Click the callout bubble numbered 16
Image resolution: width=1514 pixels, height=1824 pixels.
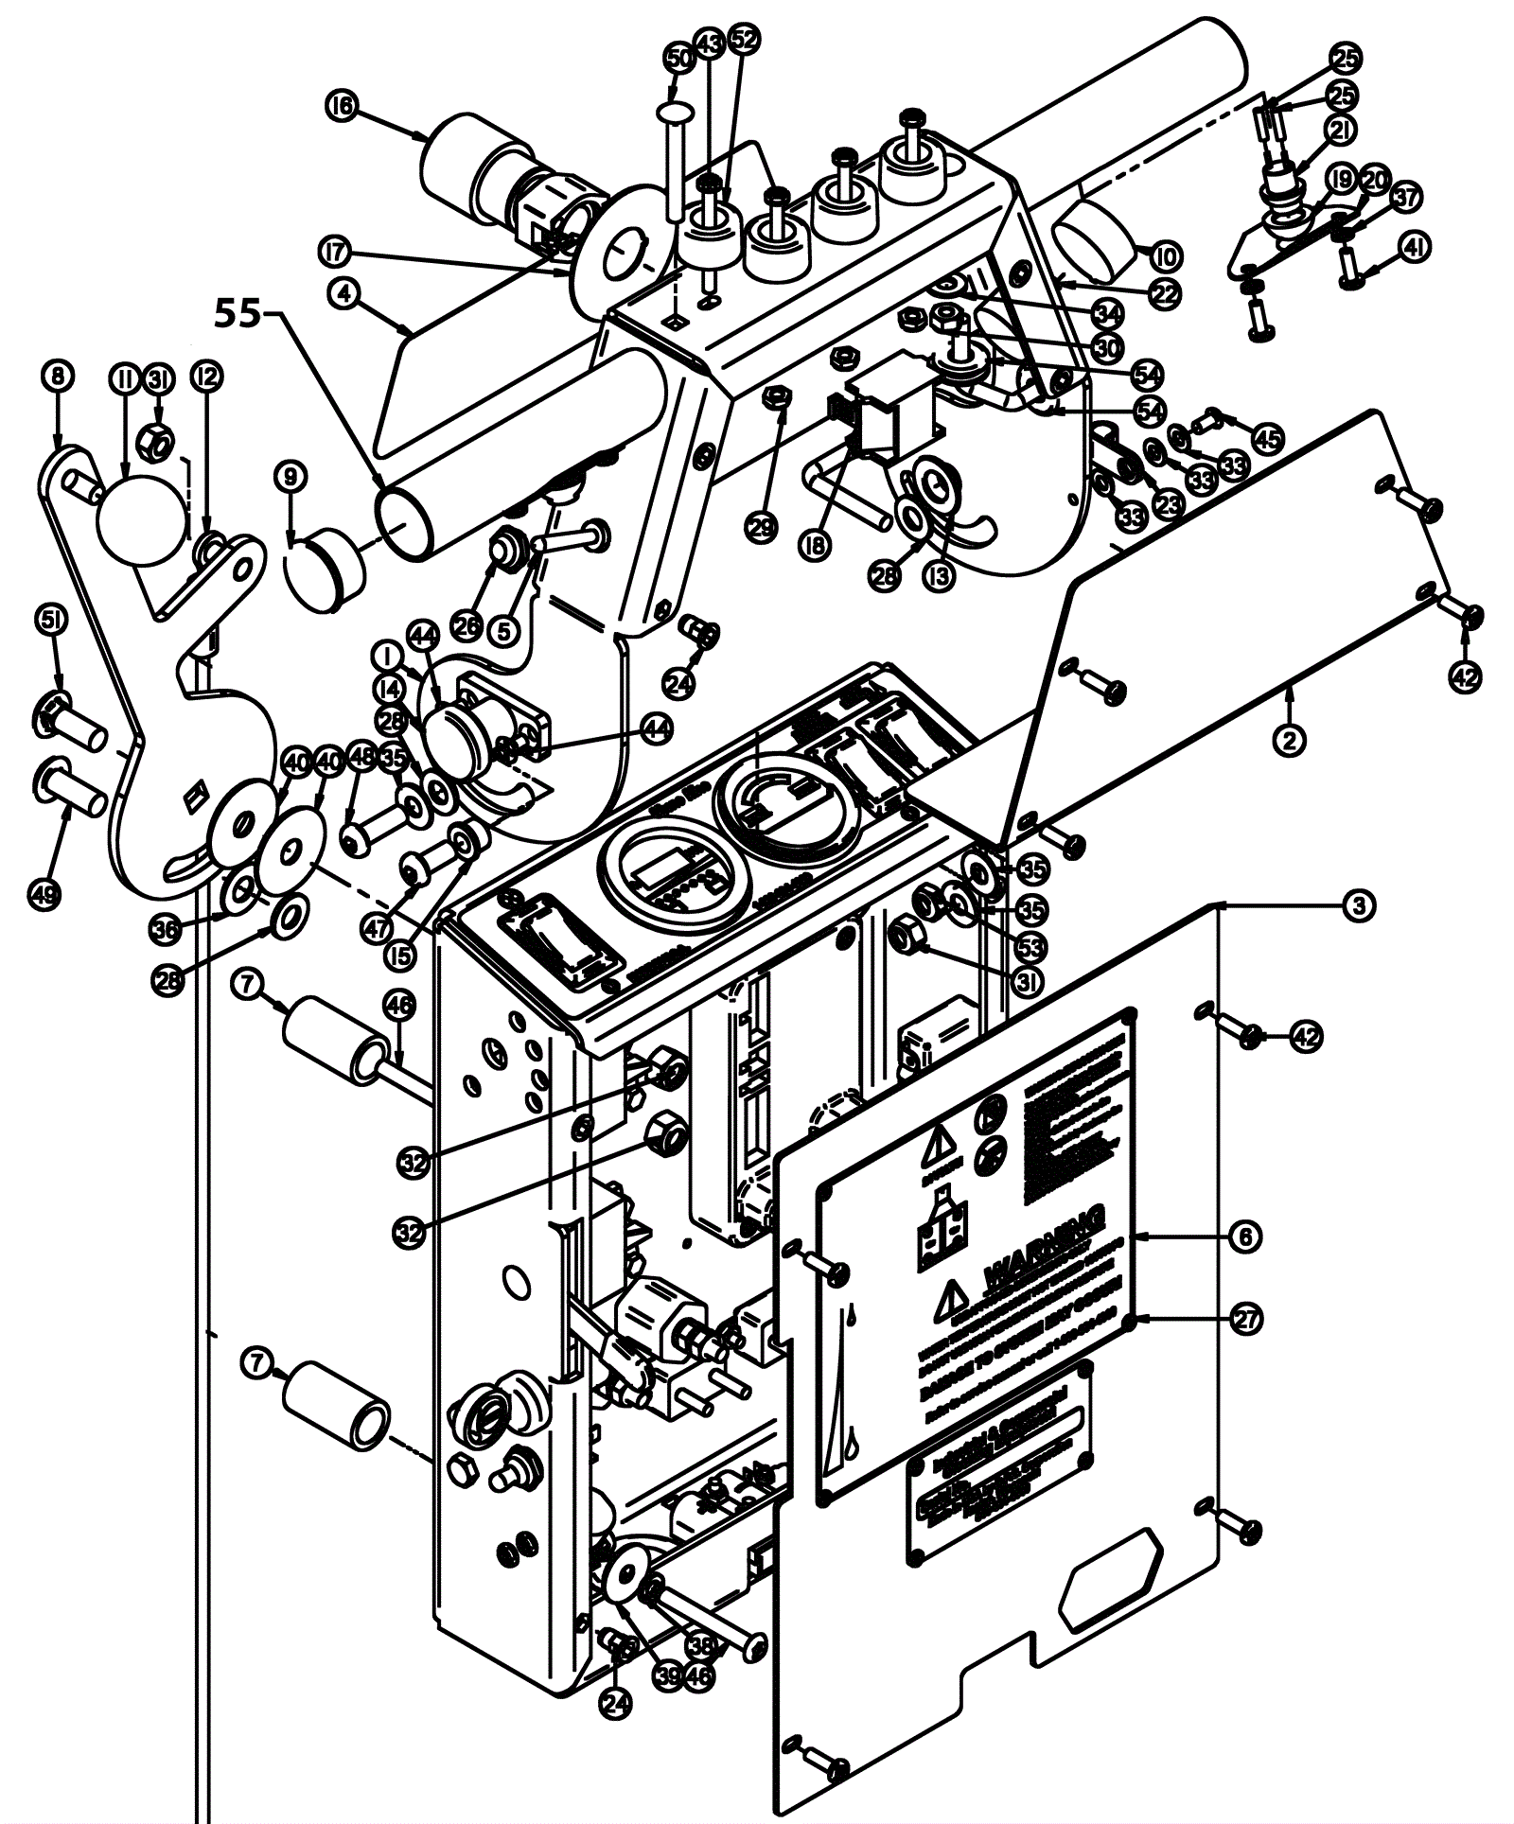click(342, 106)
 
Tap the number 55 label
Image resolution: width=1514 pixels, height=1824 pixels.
click(236, 313)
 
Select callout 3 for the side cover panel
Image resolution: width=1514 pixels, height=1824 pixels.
click(1358, 905)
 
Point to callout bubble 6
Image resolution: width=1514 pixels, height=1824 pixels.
click(1245, 1236)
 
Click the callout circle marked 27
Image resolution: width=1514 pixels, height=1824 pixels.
click(1247, 1319)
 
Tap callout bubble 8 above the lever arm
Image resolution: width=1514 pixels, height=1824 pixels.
click(59, 377)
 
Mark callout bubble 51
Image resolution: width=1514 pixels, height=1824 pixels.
click(51, 621)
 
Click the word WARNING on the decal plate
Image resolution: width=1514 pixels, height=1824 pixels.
click(1043, 1247)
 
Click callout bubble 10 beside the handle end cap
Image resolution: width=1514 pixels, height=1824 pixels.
click(1165, 255)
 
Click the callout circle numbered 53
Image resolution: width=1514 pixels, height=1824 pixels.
click(1030, 945)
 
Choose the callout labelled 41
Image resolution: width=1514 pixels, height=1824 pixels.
click(1414, 248)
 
